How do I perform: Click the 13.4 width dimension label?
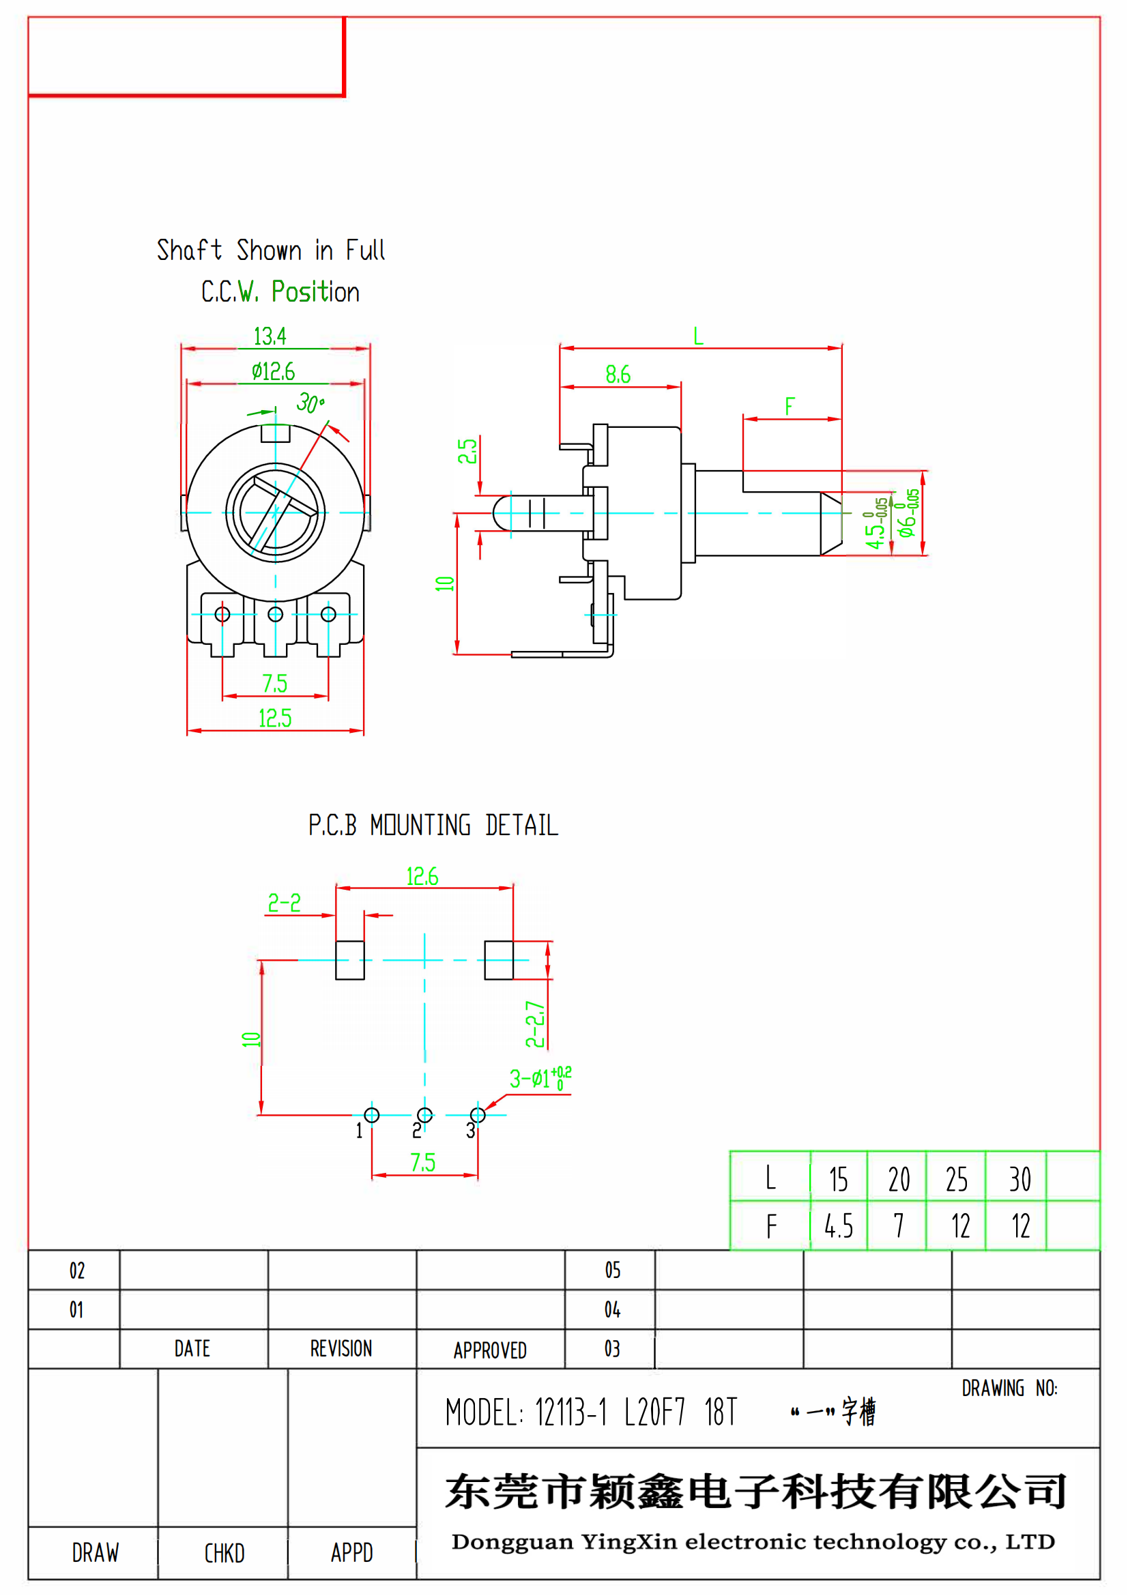click(x=270, y=336)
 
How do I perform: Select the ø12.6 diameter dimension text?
click(x=273, y=372)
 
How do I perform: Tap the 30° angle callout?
click(x=310, y=403)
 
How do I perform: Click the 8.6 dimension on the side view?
click(x=618, y=375)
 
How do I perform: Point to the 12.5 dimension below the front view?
click(x=275, y=718)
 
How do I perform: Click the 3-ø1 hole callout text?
click(x=540, y=1078)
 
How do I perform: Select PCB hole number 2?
click(x=424, y=1115)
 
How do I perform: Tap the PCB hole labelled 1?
click(x=372, y=1115)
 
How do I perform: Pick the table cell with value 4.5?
click(x=838, y=1226)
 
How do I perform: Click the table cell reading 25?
click(x=956, y=1180)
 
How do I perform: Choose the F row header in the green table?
click(x=770, y=1226)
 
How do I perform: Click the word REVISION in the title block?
click(x=341, y=1349)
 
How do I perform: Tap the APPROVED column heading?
click(x=490, y=1350)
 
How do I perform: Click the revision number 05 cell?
click(x=612, y=1271)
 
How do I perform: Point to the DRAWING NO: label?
click(x=1009, y=1389)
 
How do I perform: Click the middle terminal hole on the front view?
click(x=275, y=615)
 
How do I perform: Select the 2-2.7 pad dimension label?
click(x=534, y=1024)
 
